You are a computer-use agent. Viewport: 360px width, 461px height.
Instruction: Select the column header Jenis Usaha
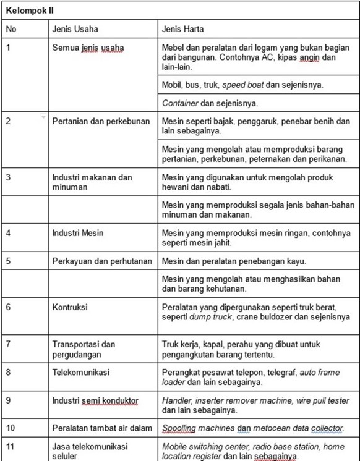pos(75,29)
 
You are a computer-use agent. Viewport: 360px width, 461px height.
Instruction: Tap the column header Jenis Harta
pos(183,29)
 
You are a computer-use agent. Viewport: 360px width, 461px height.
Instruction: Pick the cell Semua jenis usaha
pos(88,48)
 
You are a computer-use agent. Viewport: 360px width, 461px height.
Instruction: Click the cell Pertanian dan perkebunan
pos(101,121)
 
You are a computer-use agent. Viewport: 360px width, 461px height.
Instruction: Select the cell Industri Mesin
pos(78,233)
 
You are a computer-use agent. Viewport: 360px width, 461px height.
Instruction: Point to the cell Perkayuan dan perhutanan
pos(102,261)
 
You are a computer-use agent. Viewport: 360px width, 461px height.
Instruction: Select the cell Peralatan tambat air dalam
pos(101,428)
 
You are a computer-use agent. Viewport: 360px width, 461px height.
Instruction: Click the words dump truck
pos(208,317)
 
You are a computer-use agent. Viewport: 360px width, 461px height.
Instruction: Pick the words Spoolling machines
pos(195,428)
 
